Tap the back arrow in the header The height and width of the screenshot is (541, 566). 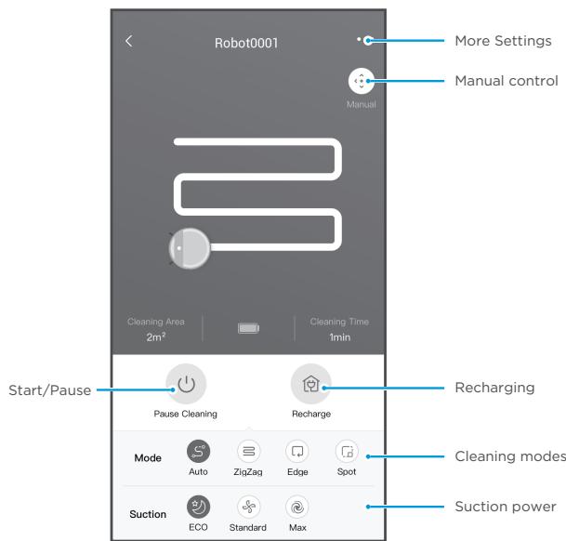(x=129, y=41)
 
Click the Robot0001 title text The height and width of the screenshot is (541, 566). (x=246, y=43)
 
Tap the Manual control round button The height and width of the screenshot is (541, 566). (x=361, y=81)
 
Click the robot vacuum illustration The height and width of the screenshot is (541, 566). (x=190, y=248)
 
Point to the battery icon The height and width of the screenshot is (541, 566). (x=248, y=328)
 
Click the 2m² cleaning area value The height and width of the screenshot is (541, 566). (x=156, y=336)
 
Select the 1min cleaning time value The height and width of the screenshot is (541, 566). (x=339, y=337)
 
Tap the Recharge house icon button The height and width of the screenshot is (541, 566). (x=310, y=384)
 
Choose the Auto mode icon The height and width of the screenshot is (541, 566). (x=198, y=451)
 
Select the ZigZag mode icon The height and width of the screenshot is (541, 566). (x=248, y=451)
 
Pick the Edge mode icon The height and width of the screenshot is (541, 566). (x=297, y=451)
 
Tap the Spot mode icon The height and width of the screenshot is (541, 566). (x=347, y=451)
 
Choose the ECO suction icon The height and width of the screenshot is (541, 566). (x=198, y=507)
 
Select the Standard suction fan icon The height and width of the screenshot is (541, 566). (x=248, y=507)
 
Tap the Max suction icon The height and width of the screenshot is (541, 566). (x=297, y=507)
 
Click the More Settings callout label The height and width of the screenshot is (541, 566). (x=503, y=41)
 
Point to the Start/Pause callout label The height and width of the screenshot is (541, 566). (x=50, y=390)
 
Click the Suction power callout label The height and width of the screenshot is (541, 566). (x=506, y=507)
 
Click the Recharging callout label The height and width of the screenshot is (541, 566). (x=494, y=388)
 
